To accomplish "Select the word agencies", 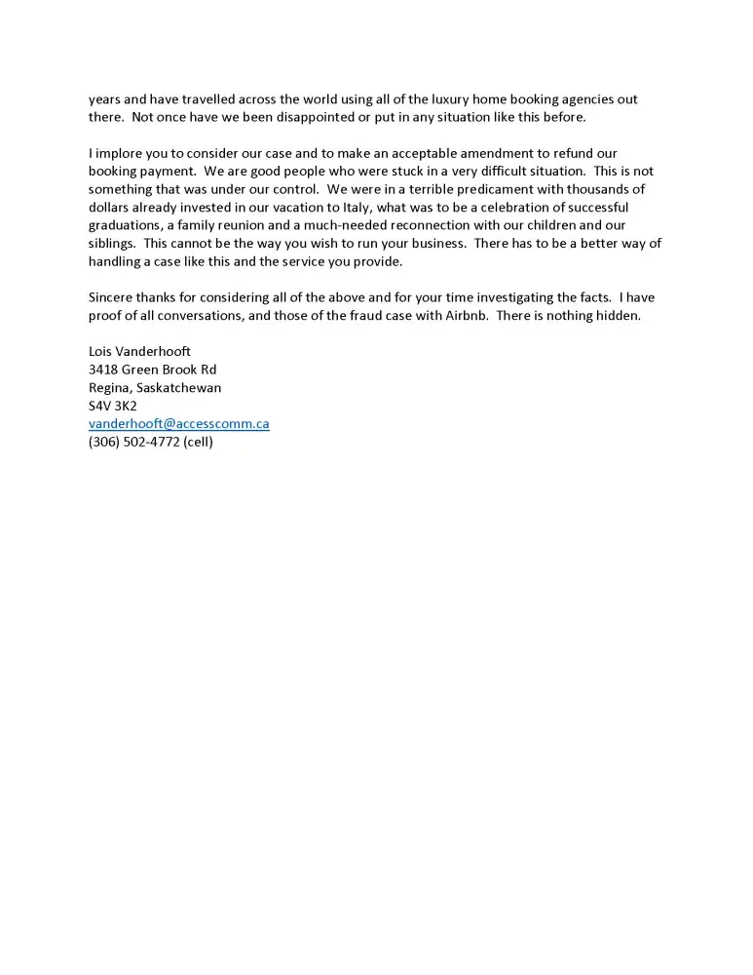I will (588, 99).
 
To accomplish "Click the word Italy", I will (354, 208).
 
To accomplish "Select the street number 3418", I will (102, 370).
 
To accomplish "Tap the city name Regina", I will (110, 387).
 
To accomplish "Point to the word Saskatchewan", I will (184, 387).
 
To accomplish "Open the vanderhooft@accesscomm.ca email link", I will (178, 424).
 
